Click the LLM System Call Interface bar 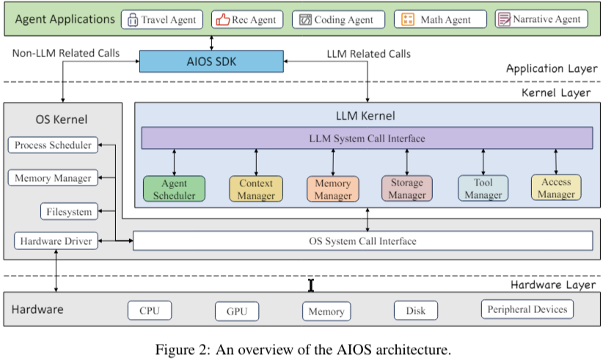pyautogui.click(x=366, y=138)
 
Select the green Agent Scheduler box pyautogui.click(x=174, y=188)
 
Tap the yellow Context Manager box pyautogui.click(x=256, y=188)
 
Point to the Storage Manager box pyautogui.click(x=407, y=188)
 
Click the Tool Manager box pyautogui.click(x=483, y=188)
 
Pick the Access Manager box pyautogui.click(x=556, y=188)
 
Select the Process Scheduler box pyautogui.click(x=53, y=145)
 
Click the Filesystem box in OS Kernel pyautogui.click(x=68, y=212)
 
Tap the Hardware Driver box pyautogui.click(x=56, y=240)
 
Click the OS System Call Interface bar pyautogui.click(x=362, y=240)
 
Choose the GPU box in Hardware pyautogui.click(x=237, y=311)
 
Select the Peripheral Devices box pyautogui.click(x=527, y=309)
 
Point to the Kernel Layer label pyautogui.click(x=556, y=93)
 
